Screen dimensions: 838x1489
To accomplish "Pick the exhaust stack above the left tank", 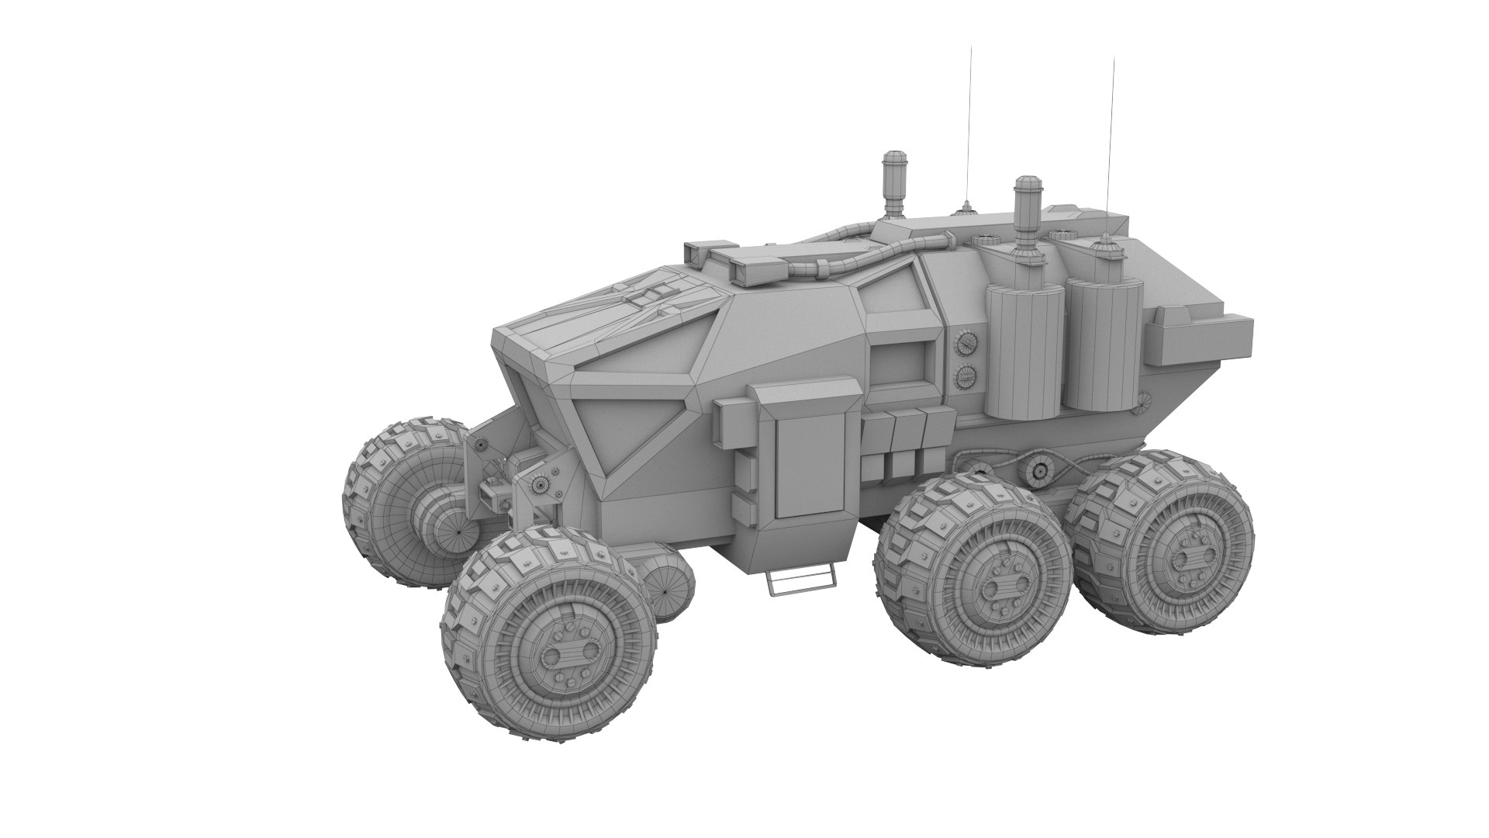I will click(x=1026, y=209).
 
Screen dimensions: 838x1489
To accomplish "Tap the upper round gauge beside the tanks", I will click(x=965, y=343).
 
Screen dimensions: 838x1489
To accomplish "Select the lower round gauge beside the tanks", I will click(x=965, y=377).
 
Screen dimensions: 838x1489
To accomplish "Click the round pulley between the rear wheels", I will click(x=1038, y=471).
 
